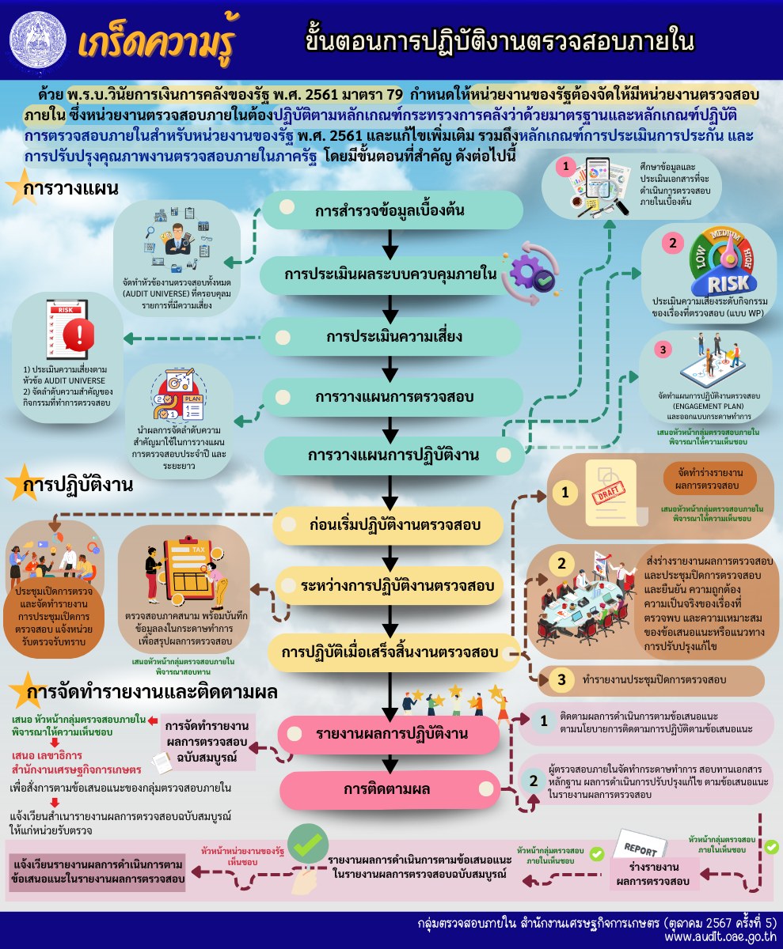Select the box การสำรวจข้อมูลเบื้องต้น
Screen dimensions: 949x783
(392, 210)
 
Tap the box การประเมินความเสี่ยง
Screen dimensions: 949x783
(392, 336)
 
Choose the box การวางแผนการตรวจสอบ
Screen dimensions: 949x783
(392, 397)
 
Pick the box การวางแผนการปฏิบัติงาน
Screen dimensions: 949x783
(392, 456)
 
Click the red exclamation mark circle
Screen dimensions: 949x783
(78, 335)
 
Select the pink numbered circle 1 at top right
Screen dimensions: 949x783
(565, 167)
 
